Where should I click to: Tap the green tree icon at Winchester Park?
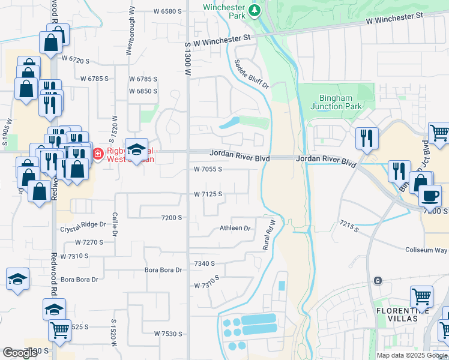tap(255, 10)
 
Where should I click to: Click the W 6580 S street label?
tap(167, 11)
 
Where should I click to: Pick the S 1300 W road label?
tap(187, 58)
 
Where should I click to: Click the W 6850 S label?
tap(143, 91)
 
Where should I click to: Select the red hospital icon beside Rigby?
tap(98, 154)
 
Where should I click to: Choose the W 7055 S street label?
tap(208, 170)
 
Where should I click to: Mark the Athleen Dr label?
tap(234, 228)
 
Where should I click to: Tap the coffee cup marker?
tap(430, 195)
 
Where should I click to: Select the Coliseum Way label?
tap(426, 250)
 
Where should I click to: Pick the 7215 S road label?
tap(348, 227)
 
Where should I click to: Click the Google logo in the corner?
tap(20, 353)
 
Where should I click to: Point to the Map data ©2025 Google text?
tap(411, 355)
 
